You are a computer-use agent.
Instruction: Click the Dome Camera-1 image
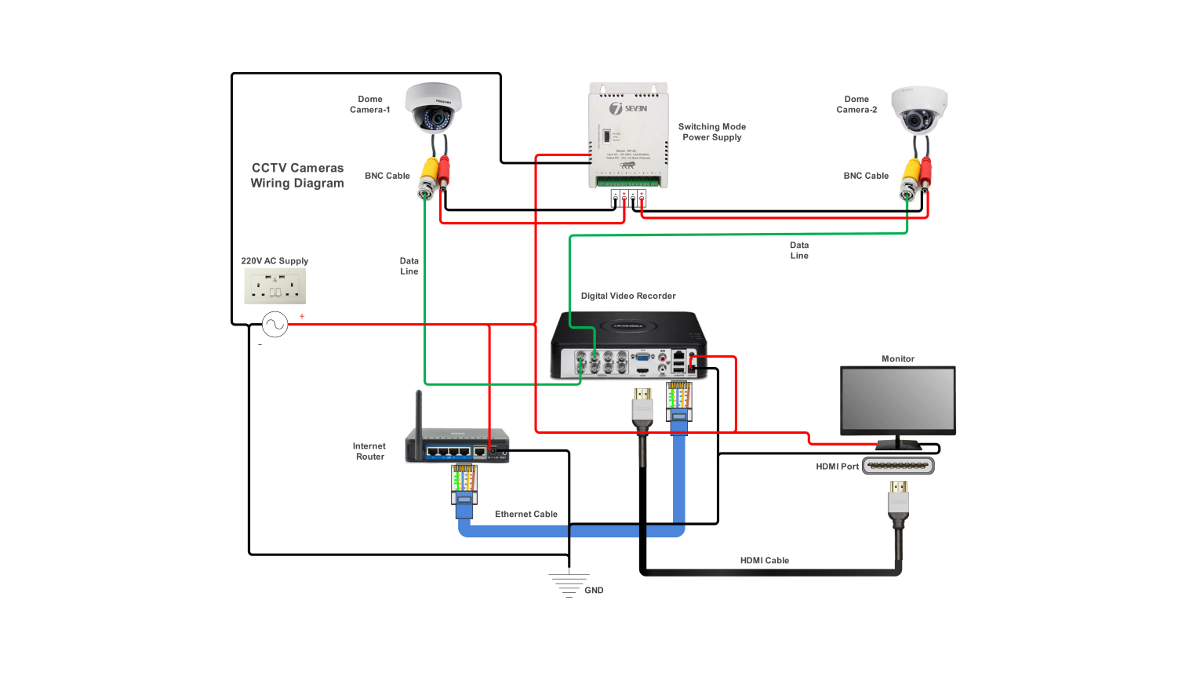tap(433, 107)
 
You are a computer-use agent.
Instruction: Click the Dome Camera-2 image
tap(919, 109)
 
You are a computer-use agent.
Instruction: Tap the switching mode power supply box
tap(628, 135)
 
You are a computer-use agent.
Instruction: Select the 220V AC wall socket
tap(275, 286)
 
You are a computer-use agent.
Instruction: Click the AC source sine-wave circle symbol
tap(275, 324)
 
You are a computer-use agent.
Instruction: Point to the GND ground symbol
tap(569, 585)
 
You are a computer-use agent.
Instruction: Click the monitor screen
tap(897, 399)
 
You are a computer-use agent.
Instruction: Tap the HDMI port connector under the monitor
tap(898, 466)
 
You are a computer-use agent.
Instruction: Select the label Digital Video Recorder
tap(627, 296)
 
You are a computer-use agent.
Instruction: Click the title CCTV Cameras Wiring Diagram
tap(297, 176)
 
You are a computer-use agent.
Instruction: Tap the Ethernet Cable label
tap(525, 515)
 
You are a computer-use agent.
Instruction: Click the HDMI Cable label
tap(764, 560)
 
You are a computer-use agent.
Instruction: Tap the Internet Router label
tap(369, 451)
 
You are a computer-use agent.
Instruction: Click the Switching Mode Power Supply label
tap(711, 132)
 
